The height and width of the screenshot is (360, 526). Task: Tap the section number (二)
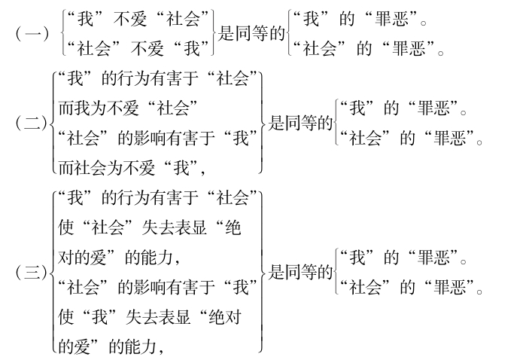[30, 124]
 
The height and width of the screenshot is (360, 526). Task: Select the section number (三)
[30, 273]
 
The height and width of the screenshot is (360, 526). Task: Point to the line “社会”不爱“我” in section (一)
[138, 49]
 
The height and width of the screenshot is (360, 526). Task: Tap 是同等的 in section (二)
[302, 124]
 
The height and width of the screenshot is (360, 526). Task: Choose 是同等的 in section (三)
[302, 273]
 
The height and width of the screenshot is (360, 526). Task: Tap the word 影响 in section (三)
[151, 287]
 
